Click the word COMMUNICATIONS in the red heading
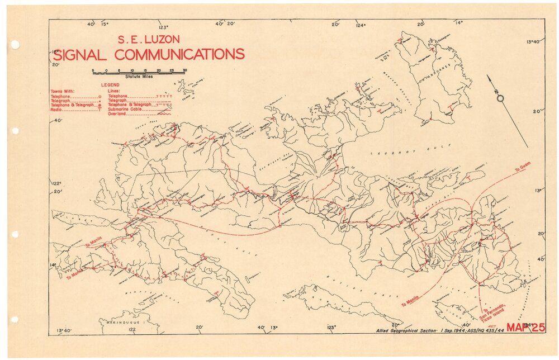tap(179, 54)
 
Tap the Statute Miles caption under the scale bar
tap(139, 76)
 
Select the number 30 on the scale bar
tap(185, 70)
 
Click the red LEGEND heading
tap(110, 85)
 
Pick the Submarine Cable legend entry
tap(125, 110)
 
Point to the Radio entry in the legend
tap(56, 110)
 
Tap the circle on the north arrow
tap(500, 98)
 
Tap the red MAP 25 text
tap(525, 328)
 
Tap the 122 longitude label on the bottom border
tap(131, 330)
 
